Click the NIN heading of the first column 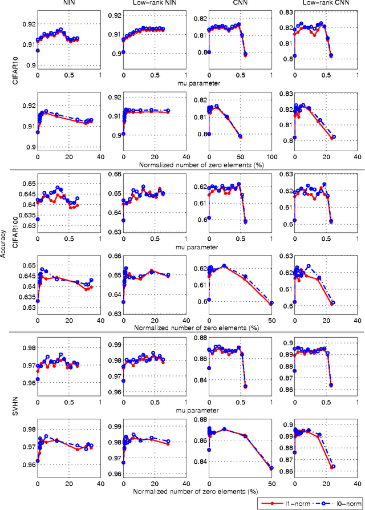[x=67, y=4]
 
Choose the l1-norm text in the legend [x=294, y=503]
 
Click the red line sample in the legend [x=270, y=503]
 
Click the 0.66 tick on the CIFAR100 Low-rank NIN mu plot [x=114, y=175]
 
